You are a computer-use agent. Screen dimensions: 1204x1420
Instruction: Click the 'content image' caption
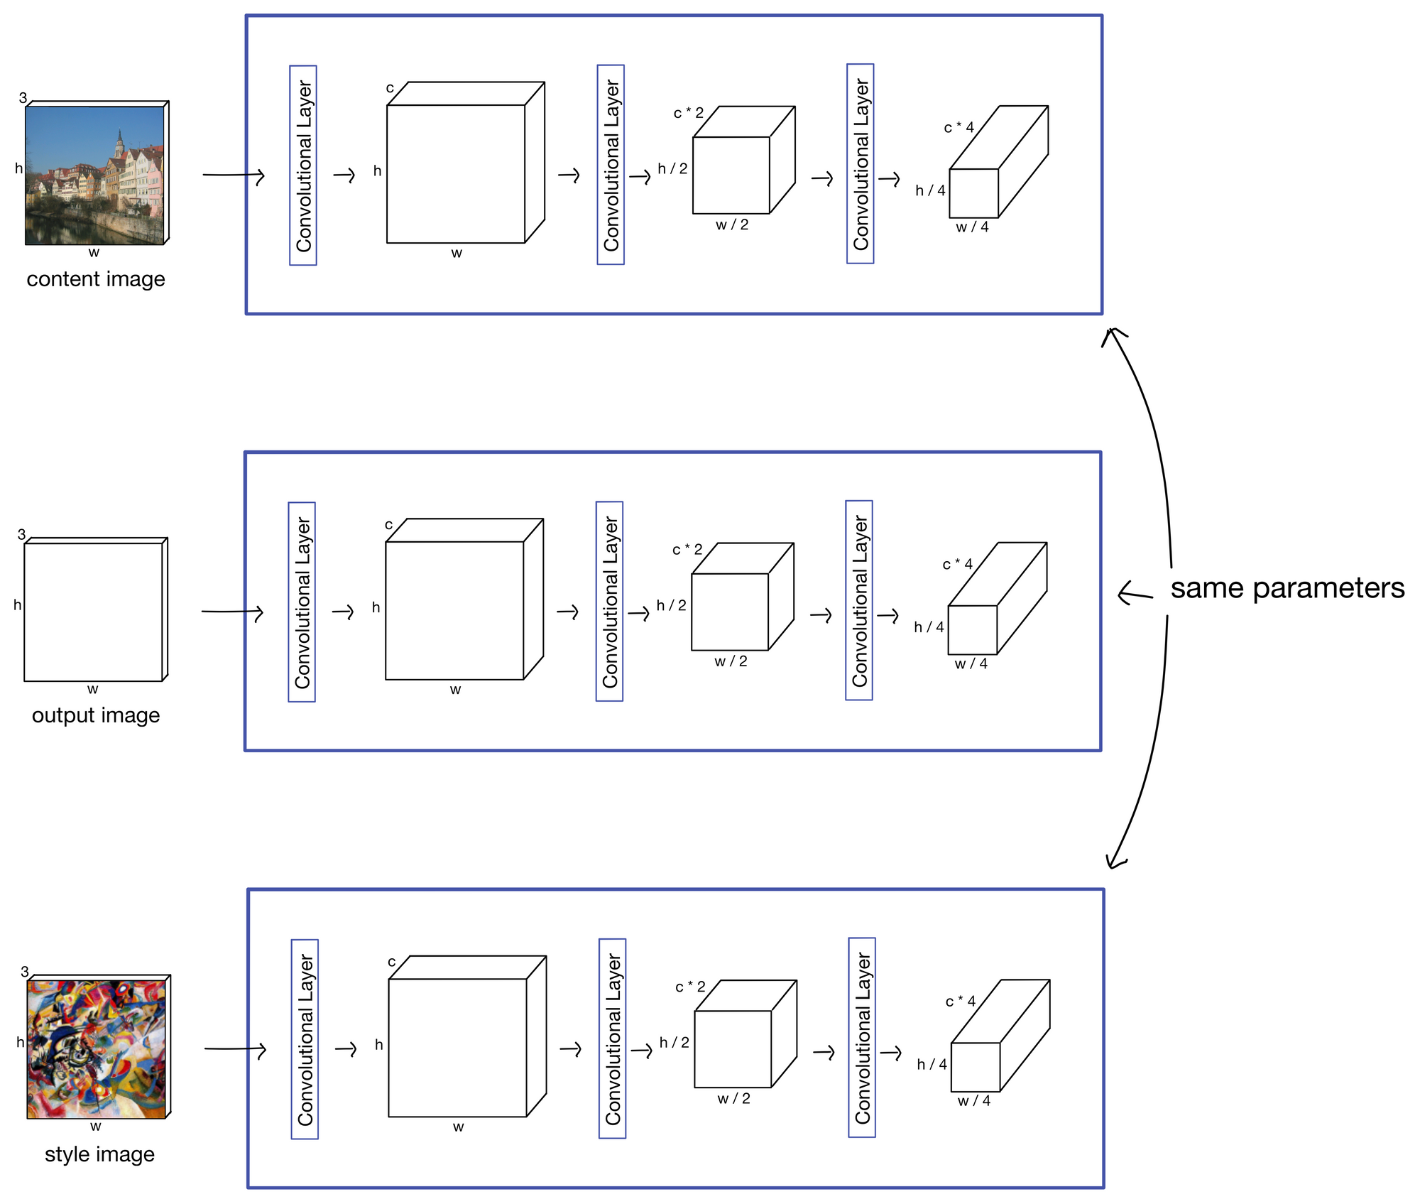[x=96, y=279]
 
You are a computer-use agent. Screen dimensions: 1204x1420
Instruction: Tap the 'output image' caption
[x=96, y=715]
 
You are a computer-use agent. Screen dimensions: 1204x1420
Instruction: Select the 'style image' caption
[x=99, y=1154]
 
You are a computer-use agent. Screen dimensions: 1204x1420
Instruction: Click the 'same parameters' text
[x=1287, y=588]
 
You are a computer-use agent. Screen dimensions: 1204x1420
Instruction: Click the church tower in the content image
[x=119, y=145]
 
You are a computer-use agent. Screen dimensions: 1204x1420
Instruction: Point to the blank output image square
[x=93, y=612]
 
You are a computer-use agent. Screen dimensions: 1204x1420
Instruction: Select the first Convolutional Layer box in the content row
[x=303, y=166]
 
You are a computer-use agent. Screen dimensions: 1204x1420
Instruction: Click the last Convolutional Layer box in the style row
[x=862, y=1038]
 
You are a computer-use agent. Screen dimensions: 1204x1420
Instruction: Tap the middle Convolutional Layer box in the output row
[x=610, y=602]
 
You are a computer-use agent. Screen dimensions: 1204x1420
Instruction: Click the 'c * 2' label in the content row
[x=688, y=113]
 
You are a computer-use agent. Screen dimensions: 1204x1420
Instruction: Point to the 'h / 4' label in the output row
[x=929, y=627]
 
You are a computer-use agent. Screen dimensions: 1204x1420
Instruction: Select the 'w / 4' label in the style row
[x=973, y=1101]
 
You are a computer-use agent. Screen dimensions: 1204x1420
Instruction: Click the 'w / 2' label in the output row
[x=731, y=661]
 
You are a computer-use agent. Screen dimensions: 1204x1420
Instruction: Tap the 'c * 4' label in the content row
[x=958, y=128]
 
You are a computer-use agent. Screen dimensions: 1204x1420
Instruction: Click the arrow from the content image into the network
[x=234, y=175]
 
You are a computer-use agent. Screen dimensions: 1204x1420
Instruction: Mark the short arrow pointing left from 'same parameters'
[x=1135, y=594]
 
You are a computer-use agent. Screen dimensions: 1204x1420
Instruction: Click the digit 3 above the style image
[x=25, y=972]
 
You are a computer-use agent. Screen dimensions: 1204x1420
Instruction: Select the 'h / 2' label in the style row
[x=674, y=1043]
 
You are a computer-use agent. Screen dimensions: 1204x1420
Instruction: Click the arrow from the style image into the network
[x=235, y=1048]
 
